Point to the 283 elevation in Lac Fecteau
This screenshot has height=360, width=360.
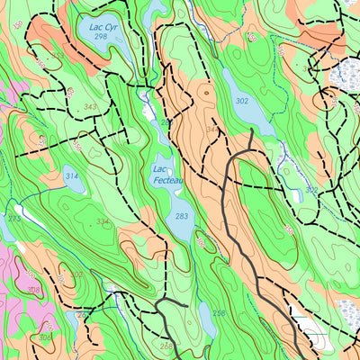182,216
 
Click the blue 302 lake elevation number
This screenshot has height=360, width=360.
241,102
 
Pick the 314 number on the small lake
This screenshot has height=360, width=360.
72,176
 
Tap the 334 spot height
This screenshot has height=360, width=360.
103,221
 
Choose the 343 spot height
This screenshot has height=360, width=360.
90,107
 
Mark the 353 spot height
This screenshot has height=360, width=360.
58,55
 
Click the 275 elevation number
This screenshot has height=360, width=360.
13,219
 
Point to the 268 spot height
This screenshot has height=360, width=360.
166,346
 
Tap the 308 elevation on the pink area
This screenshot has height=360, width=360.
33,289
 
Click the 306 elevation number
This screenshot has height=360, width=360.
44,337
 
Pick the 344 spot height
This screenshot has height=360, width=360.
211,130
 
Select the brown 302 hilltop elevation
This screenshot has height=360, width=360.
76,274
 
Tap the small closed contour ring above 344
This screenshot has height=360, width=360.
206,90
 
